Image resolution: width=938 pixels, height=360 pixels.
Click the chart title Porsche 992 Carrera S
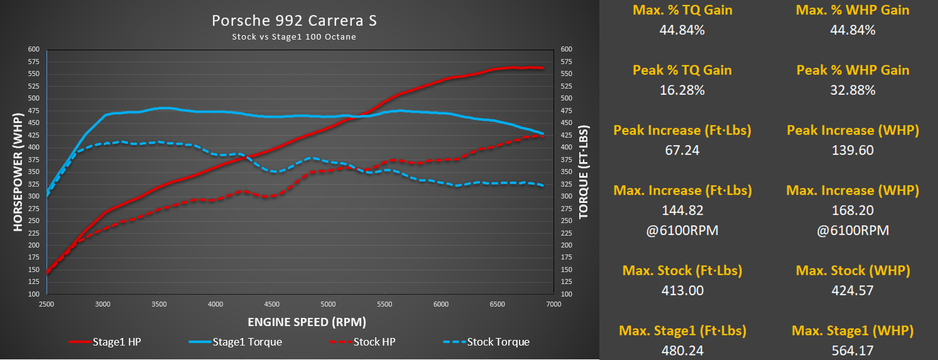294,21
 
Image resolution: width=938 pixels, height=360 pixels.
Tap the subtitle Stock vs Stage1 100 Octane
294,37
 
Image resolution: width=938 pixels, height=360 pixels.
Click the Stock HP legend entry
373,342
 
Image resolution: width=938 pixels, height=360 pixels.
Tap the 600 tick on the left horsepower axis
33,49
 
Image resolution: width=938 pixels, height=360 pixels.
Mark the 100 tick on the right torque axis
565,294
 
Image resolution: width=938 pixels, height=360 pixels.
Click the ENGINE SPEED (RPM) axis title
307,322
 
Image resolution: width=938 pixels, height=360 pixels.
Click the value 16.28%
682,90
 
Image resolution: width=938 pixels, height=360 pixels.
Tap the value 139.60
853,150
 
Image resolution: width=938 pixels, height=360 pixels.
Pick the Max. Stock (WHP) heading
853,271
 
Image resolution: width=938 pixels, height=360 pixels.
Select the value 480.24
682,351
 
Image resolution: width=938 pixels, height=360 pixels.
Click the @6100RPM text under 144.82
682,230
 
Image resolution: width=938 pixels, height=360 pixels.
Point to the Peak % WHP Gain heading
853,70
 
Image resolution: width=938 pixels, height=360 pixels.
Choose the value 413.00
682,290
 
